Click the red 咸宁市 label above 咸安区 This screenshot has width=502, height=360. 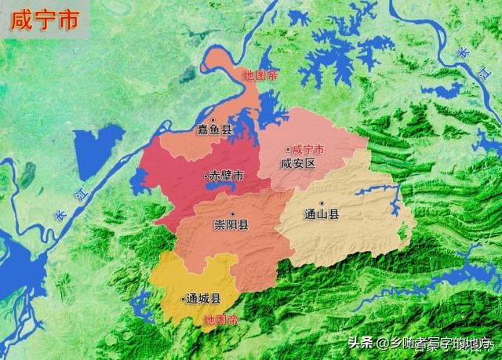(307, 148)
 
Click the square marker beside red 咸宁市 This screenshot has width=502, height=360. (288, 148)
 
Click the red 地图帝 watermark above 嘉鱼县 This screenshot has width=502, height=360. (261, 76)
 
